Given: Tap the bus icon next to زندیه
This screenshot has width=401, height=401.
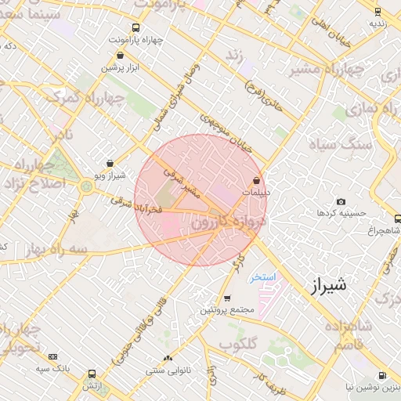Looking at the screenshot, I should [378, 12].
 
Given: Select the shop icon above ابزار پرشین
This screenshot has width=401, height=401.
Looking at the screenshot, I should [120, 56].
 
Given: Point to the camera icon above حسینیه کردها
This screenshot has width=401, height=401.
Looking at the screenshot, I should [340, 202].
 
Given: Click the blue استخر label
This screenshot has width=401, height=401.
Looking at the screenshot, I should [262, 277].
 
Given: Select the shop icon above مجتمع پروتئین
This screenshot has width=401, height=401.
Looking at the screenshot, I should [227, 298].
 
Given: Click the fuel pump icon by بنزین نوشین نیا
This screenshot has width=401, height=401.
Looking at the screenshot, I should [381, 376].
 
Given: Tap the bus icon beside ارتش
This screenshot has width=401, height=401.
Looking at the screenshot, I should [92, 374].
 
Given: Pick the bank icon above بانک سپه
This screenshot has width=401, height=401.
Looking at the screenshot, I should [52, 356].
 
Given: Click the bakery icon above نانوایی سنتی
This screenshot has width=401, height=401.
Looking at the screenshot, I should [168, 357].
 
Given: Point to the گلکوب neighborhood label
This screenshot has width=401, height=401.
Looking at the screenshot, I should [239, 343].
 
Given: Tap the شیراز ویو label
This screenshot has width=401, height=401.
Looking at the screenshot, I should [109, 175].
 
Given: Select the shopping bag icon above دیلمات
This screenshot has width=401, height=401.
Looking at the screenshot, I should [256, 181].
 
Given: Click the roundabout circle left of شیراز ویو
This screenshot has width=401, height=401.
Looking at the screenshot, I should [85, 186].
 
